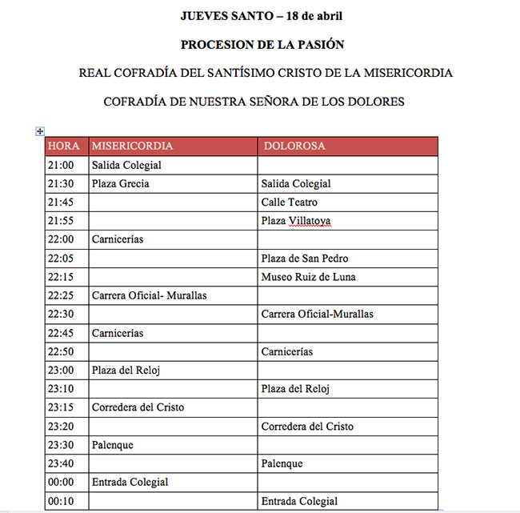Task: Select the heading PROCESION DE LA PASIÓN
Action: pyautogui.click(x=262, y=44)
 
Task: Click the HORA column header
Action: pyautogui.click(x=64, y=146)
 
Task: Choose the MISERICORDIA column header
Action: pyautogui.click(x=132, y=146)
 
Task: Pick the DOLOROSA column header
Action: pyautogui.click(x=294, y=146)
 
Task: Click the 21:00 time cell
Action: pyautogui.click(x=62, y=165)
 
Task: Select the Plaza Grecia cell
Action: pyautogui.click(x=121, y=183)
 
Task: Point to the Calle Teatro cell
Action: pyautogui.click(x=289, y=202)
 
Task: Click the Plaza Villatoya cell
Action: pyautogui.click(x=296, y=221)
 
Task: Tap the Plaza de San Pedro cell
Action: pyautogui.click(x=305, y=259)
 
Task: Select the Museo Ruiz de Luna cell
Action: pyautogui.click(x=308, y=277)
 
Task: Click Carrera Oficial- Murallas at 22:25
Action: pyautogui.click(x=150, y=295)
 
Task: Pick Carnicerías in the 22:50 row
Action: pyautogui.click(x=286, y=351)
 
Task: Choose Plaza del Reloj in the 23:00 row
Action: pyautogui.click(x=127, y=370)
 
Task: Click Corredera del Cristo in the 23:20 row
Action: pyautogui.click(x=307, y=427)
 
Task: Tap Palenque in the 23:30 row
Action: pyautogui.click(x=113, y=445)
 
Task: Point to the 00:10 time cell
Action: pyautogui.click(x=62, y=502)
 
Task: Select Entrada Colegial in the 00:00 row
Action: pyautogui.click(x=130, y=483)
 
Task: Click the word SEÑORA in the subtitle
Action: pyautogui.click(x=274, y=102)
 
